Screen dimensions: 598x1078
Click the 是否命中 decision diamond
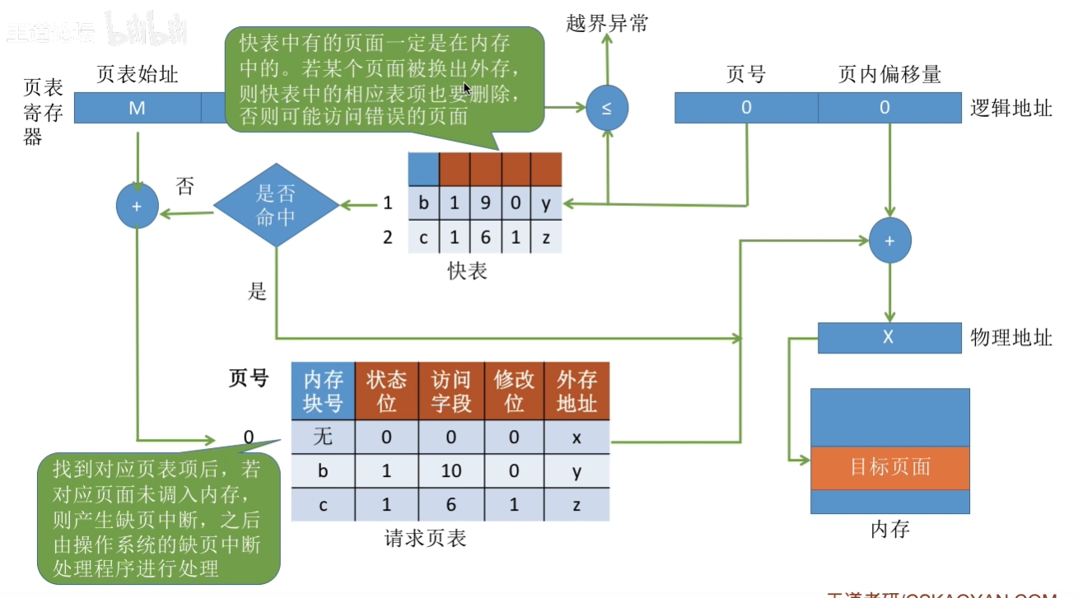coord(276,206)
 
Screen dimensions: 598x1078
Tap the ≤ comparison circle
coord(607,108)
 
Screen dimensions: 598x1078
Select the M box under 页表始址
coord(138,108)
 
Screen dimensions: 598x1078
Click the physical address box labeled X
coord(889,337)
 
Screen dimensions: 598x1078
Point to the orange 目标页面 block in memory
coord(889,468)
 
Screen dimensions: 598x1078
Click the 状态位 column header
coord(386,391)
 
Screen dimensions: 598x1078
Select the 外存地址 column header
coord(576,391)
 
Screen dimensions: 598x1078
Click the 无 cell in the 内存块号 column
coord(323,438)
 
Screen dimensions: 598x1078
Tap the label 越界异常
coord(607,23)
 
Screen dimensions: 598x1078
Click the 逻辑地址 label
coord(1011,108)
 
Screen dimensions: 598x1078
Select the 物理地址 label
coord(1011,337)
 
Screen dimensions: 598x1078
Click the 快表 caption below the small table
coord(468,270)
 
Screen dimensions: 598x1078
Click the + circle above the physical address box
coord(889,241)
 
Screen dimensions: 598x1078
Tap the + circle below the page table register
coord(138,206)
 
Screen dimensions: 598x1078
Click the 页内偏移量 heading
coord(889,75)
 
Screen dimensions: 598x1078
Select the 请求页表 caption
coord(426,539)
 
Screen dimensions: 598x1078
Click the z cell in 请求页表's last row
coord(576,505)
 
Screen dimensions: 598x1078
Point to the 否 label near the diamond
coord(185,186)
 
